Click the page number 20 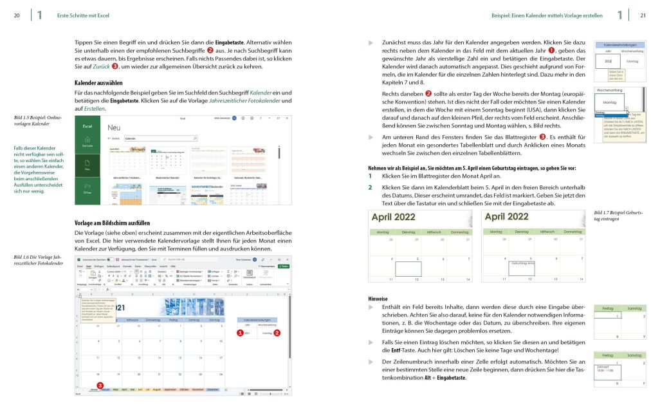coord(17,15)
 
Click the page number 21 coord(642,15)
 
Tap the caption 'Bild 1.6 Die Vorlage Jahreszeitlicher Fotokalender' coord(39,260)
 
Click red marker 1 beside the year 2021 coord(240,333)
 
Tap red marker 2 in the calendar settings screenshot coord(277,333)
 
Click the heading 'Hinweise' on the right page coord(377,299)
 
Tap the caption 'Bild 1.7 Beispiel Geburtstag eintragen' coord(618,215)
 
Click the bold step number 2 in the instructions coord(370,187)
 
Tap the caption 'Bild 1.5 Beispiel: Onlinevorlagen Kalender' coord(38,120)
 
